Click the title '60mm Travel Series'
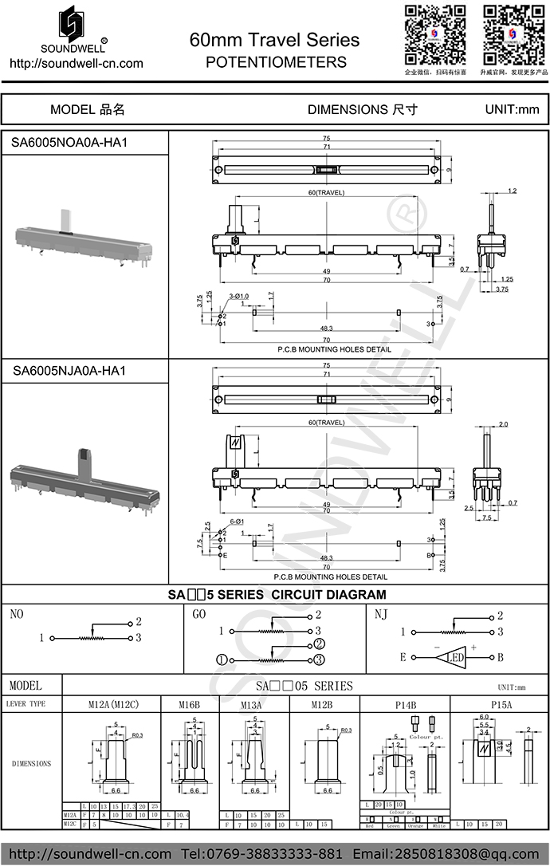tap(274, 40)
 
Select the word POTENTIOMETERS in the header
tap(276, 61)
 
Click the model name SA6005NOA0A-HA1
tap(70, 143)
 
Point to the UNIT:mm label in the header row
tap(512, 109)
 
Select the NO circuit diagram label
tap(18, 614)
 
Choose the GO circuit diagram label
tap(199, 614)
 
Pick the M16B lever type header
tap(188, 705)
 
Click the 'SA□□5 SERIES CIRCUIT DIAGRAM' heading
tap(277, 595)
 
